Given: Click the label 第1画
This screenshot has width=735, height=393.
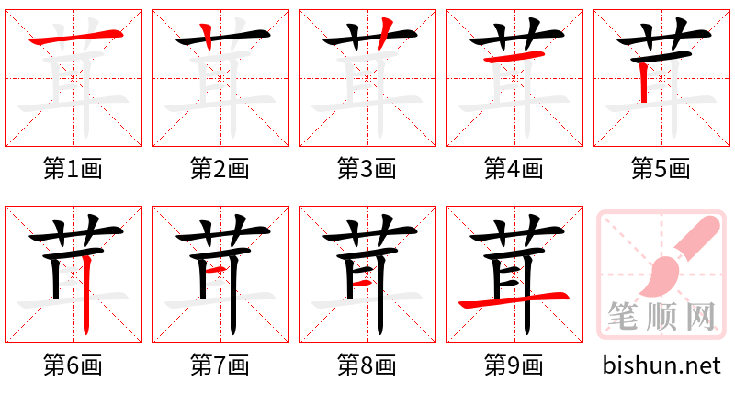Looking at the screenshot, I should [x=73, y=169].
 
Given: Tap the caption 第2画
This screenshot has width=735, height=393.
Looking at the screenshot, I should [x=220, y=169].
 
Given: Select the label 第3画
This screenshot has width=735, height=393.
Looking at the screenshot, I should [x=367, y=169].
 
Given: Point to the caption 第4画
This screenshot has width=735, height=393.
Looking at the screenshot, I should [x=514, y=169].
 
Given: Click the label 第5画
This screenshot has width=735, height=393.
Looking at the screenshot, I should [x=661, y=169].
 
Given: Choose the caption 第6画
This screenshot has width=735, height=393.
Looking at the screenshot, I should [x=73, y=365].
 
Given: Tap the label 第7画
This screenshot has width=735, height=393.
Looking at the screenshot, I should [x=220, y=365].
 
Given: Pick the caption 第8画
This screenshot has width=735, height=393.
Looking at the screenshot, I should [x=367, y=365].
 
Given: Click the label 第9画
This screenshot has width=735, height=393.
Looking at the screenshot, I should [x=514, y=365].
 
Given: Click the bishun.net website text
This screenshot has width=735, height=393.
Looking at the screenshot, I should [x=661, y=365].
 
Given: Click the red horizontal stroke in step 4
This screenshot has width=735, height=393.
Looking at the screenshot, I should [x=512, y=59].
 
